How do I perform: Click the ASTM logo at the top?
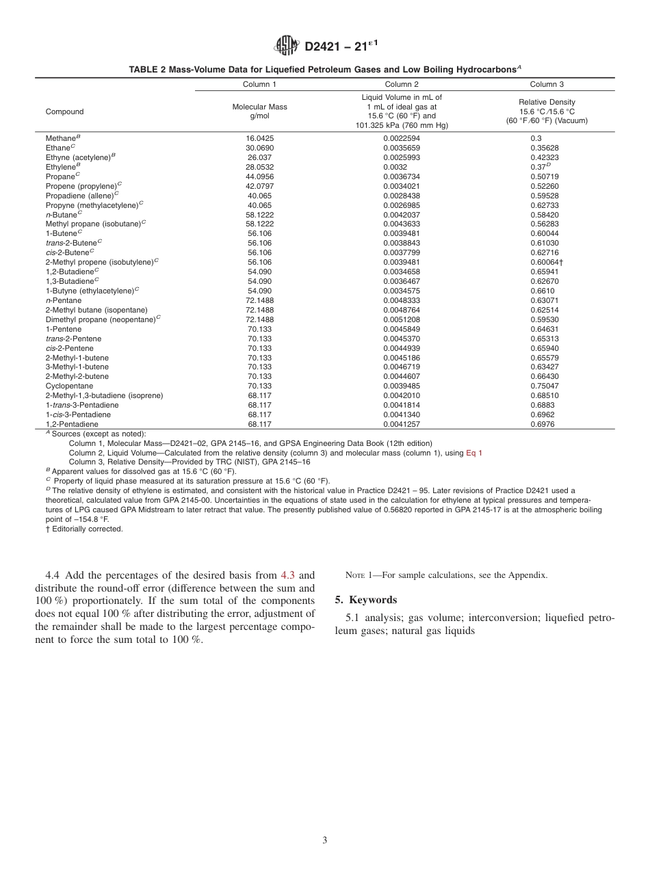pos(287,46)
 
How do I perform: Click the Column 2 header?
pos(402,84)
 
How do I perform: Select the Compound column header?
pos(64,111)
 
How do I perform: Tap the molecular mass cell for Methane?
pos(259,138)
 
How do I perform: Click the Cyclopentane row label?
pos(69,386)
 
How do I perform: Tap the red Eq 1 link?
pos(473,453)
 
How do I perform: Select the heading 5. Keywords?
pos(365,600)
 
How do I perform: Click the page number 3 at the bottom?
pos(325,841)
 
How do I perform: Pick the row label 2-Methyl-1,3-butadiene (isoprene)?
pos(104,395)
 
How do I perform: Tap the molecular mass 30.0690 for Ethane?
pos(259,148)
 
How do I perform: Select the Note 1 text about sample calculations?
pos(442,575)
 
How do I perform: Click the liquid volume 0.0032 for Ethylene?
pos(395,166)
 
